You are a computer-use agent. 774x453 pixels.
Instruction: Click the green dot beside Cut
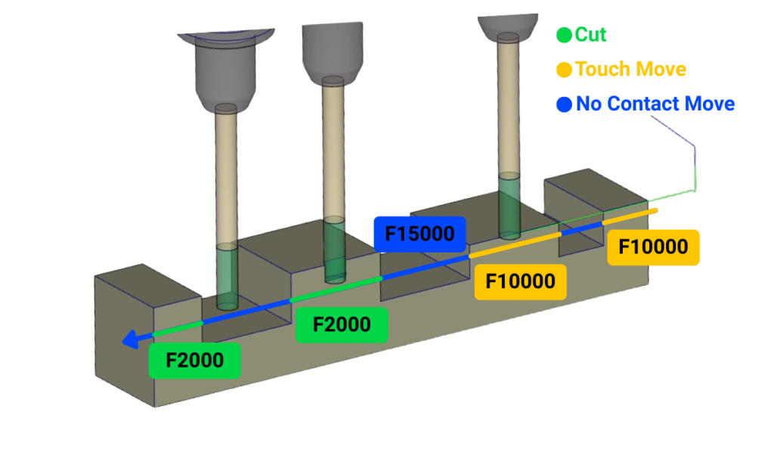coord(564,35)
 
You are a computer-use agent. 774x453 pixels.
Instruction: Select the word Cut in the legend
coord(590,34)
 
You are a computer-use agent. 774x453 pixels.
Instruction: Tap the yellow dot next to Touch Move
coord(564,70)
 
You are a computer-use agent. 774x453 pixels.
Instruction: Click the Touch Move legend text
coord(630,70)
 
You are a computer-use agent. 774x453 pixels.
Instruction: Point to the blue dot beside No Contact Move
coord(564,104)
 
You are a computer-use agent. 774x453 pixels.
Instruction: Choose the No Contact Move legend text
coord(655,104)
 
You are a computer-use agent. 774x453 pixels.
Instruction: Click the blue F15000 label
coord(420,234)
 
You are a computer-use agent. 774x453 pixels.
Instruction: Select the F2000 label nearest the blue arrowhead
coord(194,361)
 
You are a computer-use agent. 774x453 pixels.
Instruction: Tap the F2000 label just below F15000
coord(342,324)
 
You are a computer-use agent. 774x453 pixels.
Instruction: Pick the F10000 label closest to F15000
coord(520,282)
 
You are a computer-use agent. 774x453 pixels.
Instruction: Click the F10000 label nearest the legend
coord(653,247)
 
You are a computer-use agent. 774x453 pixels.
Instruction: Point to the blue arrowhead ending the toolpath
coord(129,342)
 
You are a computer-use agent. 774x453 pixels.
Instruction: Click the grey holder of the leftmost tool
coord(226,72)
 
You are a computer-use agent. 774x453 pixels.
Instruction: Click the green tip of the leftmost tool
coord(227,277)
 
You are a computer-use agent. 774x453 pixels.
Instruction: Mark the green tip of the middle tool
coord(334,248)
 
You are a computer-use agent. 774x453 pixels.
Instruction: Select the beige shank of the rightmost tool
coord(509,106)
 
